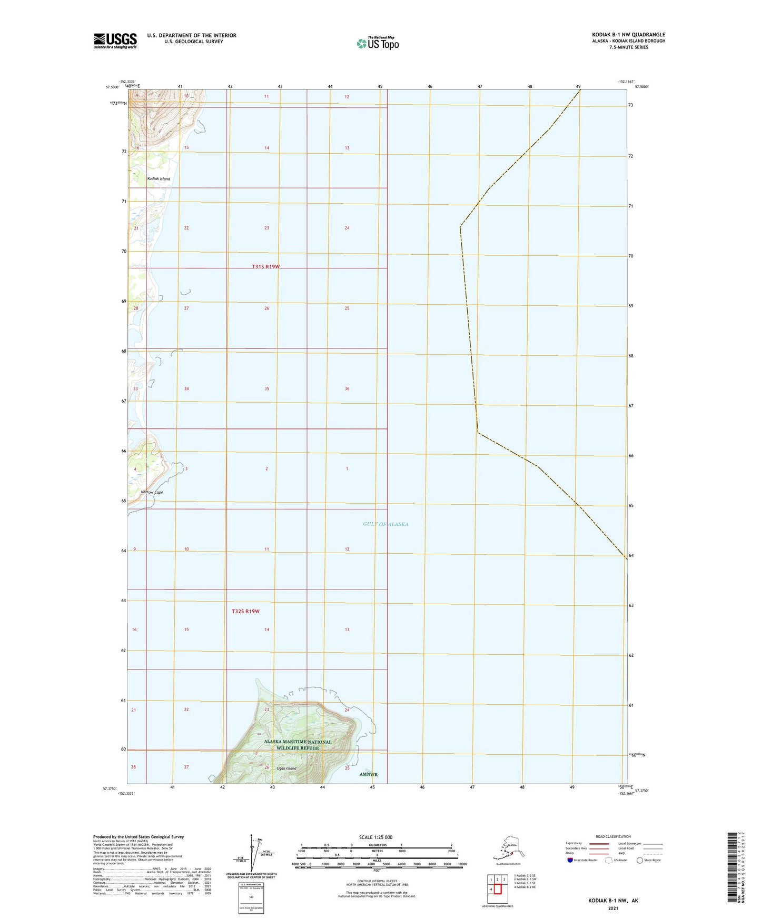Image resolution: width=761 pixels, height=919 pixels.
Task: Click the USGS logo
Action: coord(115,41)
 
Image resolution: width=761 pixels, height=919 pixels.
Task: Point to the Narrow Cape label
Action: coord(152,492)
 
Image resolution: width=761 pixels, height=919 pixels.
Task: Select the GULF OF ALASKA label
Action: coord(386,524)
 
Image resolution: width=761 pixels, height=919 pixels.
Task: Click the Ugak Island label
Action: coord(286,768)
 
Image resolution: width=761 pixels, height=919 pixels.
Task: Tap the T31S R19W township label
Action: coord(265,267)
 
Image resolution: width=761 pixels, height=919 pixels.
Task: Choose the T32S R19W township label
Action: coord(245,611)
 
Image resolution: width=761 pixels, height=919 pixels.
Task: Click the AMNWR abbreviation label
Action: coord(368,774)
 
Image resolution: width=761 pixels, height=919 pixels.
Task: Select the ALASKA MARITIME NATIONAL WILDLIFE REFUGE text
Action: coord(298,745)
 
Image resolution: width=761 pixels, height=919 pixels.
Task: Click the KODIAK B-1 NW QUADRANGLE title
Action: coord(628,35)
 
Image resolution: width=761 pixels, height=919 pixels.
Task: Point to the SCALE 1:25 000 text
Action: coord(376,837)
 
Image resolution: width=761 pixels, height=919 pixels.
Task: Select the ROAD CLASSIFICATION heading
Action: coord(613,836)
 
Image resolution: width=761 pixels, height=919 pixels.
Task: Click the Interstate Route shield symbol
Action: coord(570,860)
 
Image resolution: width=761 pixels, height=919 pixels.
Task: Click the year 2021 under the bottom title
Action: coord(613,908)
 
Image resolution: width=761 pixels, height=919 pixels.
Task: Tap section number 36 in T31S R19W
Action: coord(347,388)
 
